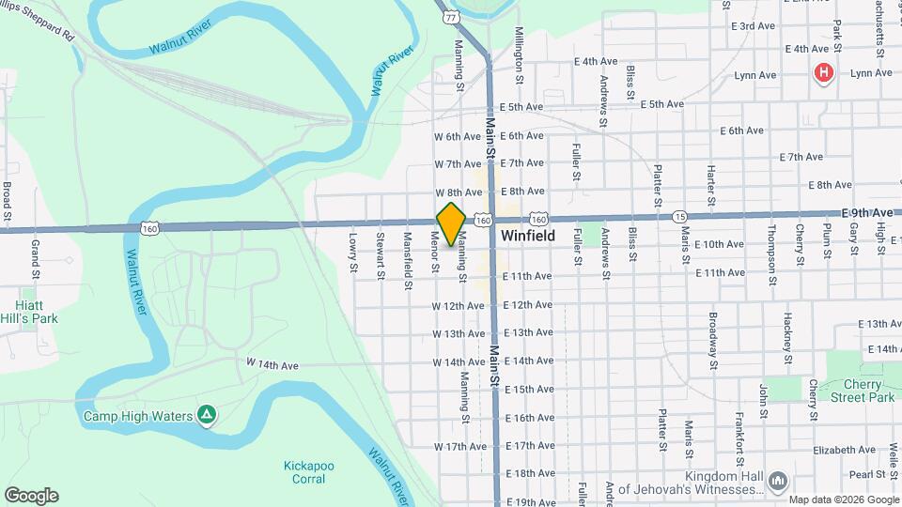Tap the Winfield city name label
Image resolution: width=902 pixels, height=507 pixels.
[527, 236]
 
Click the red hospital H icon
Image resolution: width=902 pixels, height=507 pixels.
[824, 73]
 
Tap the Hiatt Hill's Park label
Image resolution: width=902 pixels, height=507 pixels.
[29, 312]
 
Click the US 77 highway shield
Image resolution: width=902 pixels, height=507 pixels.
[452, 17]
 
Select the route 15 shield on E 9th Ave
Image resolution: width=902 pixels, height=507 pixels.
[679, 217]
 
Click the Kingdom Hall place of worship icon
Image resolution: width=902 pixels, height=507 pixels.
[777, 483]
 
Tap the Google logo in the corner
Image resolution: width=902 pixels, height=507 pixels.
[31, 496]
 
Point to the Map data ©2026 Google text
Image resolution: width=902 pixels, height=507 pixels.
[844, 499]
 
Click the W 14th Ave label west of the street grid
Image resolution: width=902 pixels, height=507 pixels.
[272, 363]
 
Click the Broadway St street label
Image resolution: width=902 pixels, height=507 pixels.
[713, 340]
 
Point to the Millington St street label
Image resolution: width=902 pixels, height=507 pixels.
[518, 48]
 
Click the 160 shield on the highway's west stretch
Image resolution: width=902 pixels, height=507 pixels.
[150, 228]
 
